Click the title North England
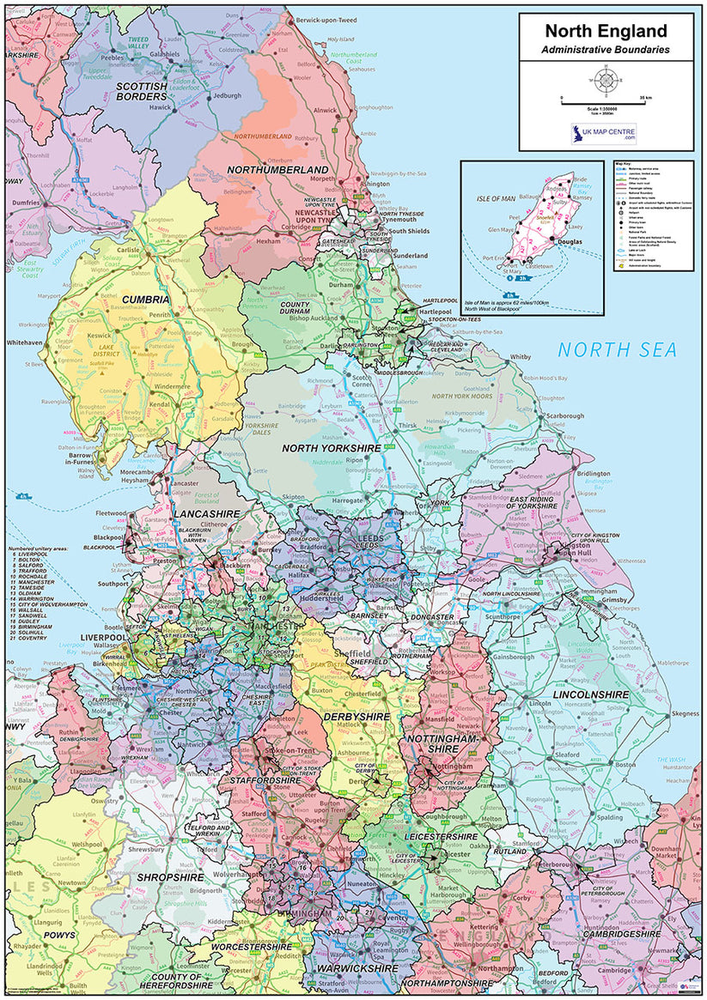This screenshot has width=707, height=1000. coord(605,32)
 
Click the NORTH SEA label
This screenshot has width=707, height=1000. coord(616,349)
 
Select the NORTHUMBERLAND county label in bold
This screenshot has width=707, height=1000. coord(277,170)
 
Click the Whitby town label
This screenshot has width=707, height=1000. coord(521,356)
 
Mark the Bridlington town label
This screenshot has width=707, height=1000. coord(593,473)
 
